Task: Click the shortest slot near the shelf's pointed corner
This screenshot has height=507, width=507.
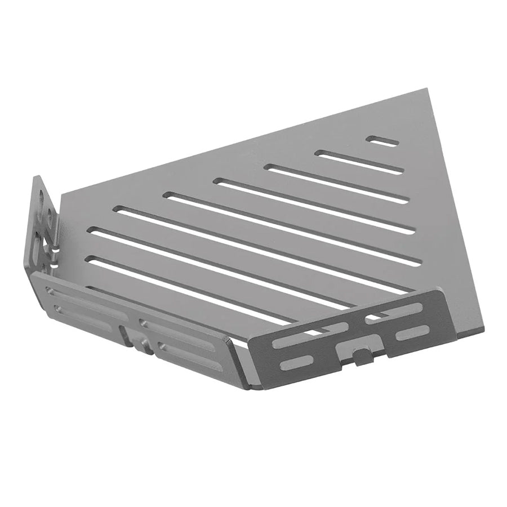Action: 383,141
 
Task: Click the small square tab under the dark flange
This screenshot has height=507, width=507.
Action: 358,355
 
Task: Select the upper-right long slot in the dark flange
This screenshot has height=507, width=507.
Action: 394,312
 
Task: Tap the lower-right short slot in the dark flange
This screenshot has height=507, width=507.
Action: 413,332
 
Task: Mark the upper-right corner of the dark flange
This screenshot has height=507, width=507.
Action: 441,291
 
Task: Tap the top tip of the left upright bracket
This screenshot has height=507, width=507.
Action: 38,178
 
